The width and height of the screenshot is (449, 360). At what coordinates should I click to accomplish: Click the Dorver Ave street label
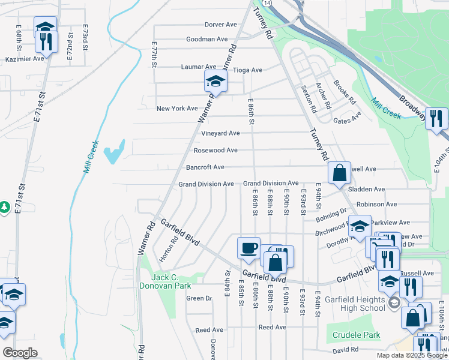click(220, 25)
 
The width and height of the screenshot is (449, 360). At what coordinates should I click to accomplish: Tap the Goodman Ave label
click(206, 39)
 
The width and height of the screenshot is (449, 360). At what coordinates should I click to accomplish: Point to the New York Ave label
click(176, 109)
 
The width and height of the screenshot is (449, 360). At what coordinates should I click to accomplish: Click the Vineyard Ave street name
click(220, 133)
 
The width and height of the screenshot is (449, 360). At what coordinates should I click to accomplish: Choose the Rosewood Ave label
click(215, 150)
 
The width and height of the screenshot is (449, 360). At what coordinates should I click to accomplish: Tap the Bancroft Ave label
click(205, 167)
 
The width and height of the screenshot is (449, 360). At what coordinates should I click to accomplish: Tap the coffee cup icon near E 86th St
click(249, 247)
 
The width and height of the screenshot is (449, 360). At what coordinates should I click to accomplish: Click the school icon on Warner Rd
click(215, 81)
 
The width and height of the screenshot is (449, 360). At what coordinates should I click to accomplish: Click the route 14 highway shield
click(266, 4)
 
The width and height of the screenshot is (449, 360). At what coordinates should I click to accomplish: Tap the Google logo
click(20, 352)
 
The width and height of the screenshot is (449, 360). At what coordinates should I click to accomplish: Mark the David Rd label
click(346, 349)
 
